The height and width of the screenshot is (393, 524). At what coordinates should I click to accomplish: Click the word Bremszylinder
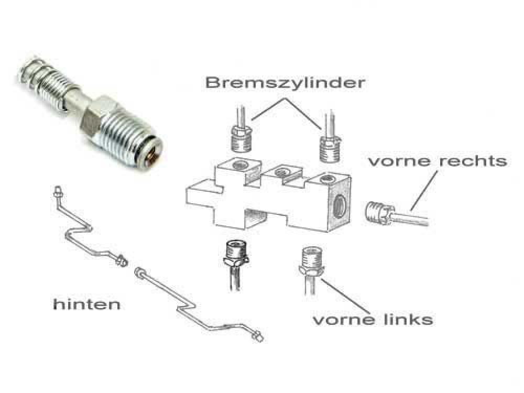[285, 83]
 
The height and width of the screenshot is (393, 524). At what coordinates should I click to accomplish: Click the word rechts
[473, 161]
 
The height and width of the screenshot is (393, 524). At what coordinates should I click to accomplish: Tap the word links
[407, 319]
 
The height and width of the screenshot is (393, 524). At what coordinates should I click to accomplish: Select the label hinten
[87, 304]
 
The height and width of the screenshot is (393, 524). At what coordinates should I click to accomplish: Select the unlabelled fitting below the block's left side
[236, 254]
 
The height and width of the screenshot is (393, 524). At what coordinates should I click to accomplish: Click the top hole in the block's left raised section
[240, 164]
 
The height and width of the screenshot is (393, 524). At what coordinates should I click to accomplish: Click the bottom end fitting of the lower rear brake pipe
[258, 336]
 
